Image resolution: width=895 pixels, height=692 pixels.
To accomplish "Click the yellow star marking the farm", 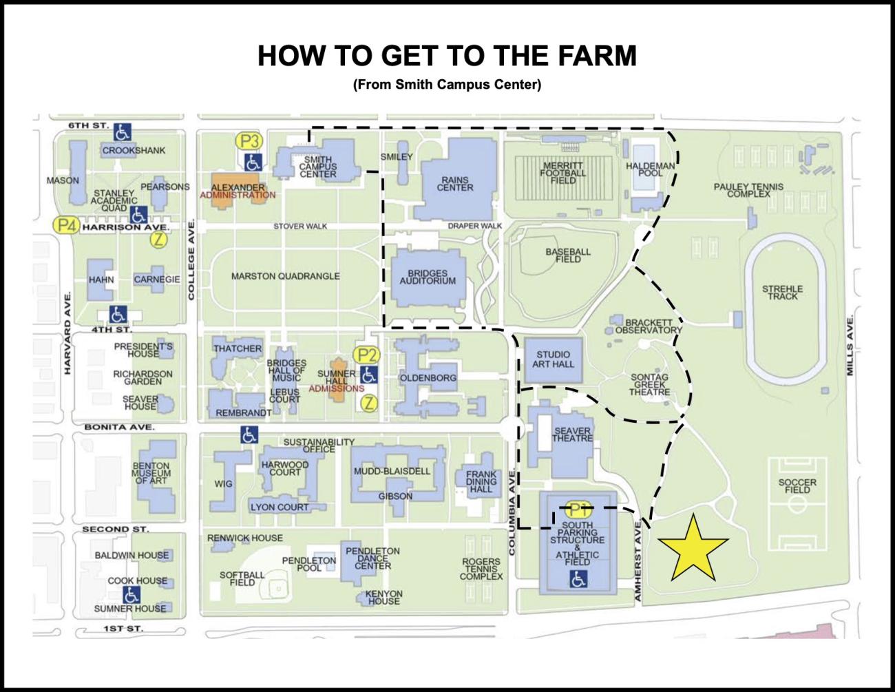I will pyautogui.click(x=693, y=549).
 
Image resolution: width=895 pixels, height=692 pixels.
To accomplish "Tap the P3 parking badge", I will pyautogui.click(x=249, y=142).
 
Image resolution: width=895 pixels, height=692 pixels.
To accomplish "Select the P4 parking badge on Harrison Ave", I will pyautogui.click(x=66, y=225).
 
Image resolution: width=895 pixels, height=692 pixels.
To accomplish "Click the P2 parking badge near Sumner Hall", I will pyautogui.click(x=366, y=355).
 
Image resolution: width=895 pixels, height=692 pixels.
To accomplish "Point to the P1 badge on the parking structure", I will pyautogui.click(x=578, y=511).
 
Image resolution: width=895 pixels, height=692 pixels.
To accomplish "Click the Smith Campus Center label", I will pyautogui.click(x=318, y=167).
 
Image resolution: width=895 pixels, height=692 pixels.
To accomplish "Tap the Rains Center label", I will pyautogui.click(x=455, y=184).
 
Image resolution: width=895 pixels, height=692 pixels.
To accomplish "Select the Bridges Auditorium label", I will pyautogui.click(x=428, y=277).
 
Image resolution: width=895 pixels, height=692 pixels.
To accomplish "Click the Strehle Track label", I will pyautogui.click(x=782, y=293).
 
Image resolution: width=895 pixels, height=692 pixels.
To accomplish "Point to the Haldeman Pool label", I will pyautogui.click(x=650, y=169).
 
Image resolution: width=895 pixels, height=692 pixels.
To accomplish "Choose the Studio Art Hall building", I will pyautogui.click(x=553, y=359).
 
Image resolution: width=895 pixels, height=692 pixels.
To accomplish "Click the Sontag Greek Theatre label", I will pyautogui.click(x=649, y=385).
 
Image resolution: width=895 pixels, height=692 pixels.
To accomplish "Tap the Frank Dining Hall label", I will pyautogui.click(x=481, y=481).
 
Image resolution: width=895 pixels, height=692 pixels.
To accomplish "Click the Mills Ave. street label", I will pyautogui.click(x=850, y=346).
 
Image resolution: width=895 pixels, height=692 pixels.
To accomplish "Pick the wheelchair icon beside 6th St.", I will pyautogui.click(x=123, y=132).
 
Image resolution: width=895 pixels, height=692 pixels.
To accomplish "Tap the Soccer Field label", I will pyautogui.click(x=797, y=486).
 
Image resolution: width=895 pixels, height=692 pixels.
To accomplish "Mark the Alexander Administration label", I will pyautogui.click(x=238, y=191).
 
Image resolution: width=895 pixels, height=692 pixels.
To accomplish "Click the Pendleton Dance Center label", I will pyautogui.click(x=372, y=558).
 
